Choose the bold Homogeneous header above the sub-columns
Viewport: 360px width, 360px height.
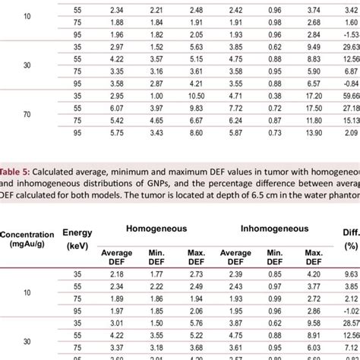[x=152, y=249]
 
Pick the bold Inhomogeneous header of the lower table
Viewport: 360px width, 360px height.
[x=274, y=249]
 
